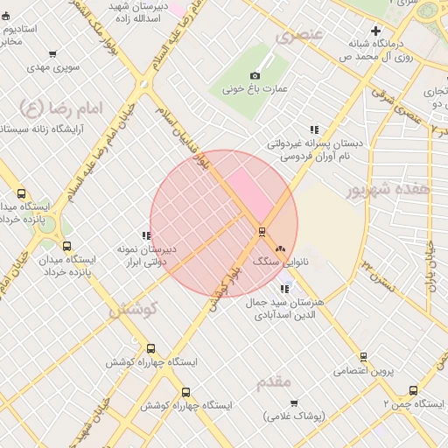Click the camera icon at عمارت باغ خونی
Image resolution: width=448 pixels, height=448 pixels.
point(255,76)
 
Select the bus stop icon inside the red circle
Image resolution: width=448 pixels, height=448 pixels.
point(261,232)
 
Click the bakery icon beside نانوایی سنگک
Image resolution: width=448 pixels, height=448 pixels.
point(281,249)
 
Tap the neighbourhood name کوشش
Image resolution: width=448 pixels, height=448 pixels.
point(132,310)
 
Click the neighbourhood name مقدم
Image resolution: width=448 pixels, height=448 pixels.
point(274,382)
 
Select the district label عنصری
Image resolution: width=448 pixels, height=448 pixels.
point(298,36)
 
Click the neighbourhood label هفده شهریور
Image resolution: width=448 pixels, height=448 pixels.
point(388,189)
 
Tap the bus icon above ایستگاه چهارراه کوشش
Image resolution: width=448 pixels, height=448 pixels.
point(151,348)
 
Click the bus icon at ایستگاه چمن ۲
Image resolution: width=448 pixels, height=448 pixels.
point(413,391)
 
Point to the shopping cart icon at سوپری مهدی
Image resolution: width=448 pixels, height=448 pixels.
point(52,54)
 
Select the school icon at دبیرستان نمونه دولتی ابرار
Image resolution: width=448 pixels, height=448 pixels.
point(146,235)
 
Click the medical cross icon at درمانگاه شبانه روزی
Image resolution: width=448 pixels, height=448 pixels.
point(376,30)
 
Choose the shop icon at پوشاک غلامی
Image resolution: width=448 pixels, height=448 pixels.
point(294,403)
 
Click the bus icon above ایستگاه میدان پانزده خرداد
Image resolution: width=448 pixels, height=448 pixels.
point(68,246)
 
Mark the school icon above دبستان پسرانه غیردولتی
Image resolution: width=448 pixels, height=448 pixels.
point(314,129)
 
